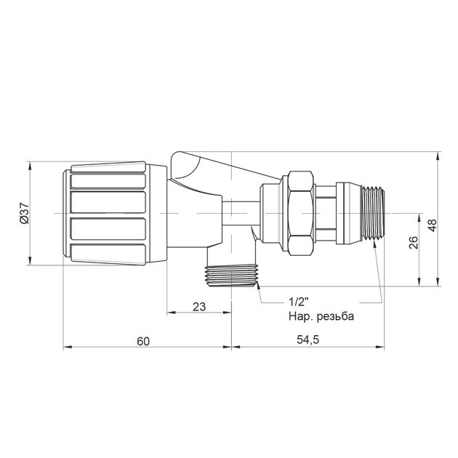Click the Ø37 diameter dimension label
click(25, 214)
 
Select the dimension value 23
click(199, 307)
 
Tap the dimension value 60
click(143, 341)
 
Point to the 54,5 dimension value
click(308, 340)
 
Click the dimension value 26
click(414, 242)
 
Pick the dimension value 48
click(432, 225)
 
